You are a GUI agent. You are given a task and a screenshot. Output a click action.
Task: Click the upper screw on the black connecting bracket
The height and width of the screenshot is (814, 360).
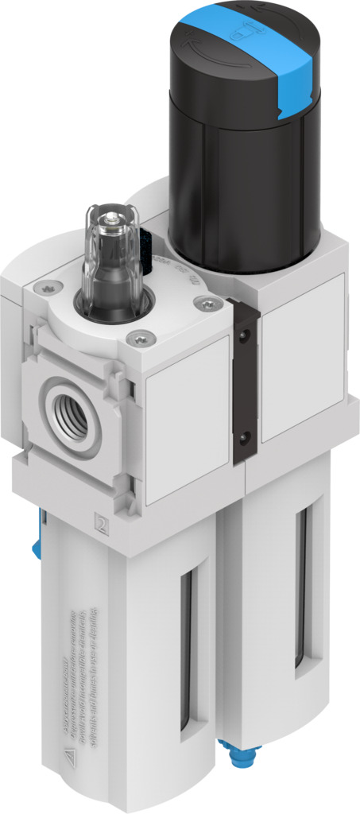click(245, 342)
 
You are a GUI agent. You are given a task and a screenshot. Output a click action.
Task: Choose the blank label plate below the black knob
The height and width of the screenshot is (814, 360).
click(302, 358)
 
